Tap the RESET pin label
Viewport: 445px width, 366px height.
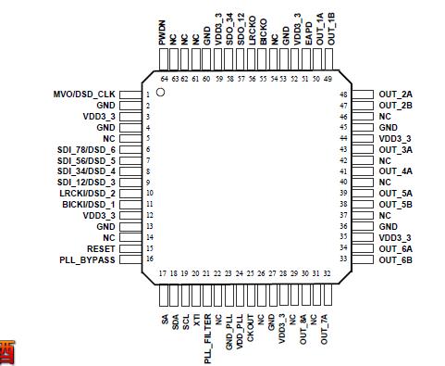pyautogui.click(x=102, y=249)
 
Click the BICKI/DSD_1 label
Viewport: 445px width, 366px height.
pyautogui.click(x=89, y=205)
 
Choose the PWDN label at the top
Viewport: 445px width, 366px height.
pyautogui.click(x=162, y=34)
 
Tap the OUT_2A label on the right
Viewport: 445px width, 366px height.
pyautogui.click(x=395, y=95)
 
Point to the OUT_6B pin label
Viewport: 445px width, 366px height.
pyautogui.click(x=395, y=260)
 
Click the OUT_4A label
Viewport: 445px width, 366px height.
pyautogui.click(x=395, y=171)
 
